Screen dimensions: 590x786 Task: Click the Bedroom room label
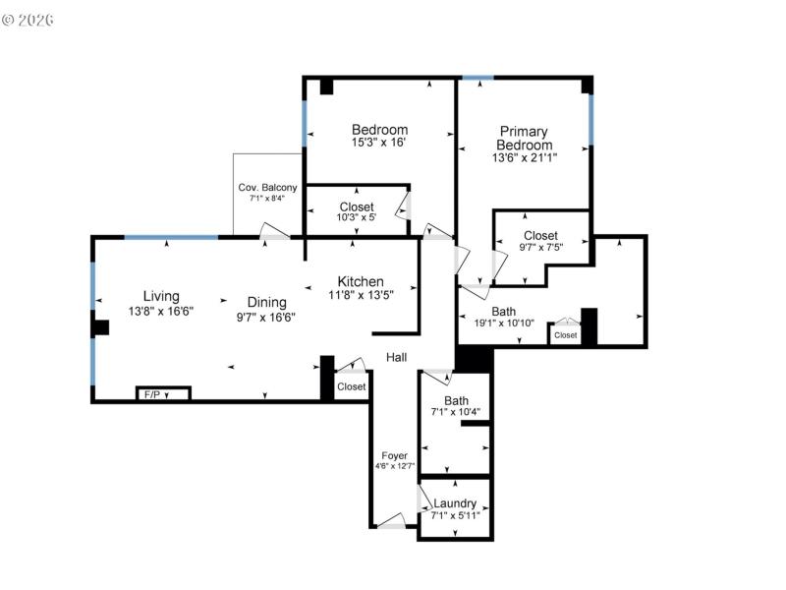379,130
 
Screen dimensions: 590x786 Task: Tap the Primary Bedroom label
524,138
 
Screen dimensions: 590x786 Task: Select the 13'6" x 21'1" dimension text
524,158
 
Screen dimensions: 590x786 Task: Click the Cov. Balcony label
267,188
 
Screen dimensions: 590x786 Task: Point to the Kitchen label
361,281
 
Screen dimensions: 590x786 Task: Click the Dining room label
266,302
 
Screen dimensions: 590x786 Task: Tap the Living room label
161,296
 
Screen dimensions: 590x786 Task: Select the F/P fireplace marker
152,394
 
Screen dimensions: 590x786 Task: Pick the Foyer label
394,455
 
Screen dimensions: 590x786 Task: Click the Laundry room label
455,503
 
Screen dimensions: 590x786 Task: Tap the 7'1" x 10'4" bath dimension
456,414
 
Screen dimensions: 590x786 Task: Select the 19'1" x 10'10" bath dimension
504,323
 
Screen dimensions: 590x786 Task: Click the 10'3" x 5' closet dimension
357,218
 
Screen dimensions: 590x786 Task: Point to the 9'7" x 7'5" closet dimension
540,248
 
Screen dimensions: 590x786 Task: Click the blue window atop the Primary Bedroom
477,78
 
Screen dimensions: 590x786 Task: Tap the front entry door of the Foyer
391,522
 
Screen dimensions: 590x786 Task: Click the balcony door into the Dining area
274,233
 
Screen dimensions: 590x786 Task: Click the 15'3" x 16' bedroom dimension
379,143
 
